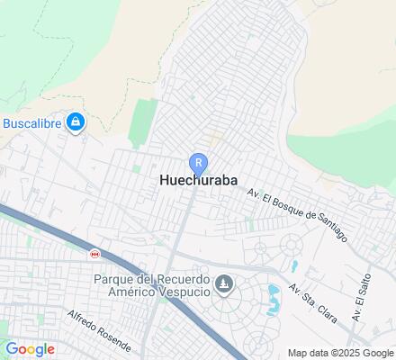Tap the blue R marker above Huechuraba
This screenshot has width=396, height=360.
[197, 163]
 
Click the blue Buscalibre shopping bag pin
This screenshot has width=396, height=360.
[76, 121]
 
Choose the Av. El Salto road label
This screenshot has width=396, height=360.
[362, 295]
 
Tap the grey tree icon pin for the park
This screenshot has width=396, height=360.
[225, 286]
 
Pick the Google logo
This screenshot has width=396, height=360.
[29, 349]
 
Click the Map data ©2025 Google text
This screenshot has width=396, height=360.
[340, 353]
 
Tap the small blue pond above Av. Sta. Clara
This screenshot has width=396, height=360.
[294, 266]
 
